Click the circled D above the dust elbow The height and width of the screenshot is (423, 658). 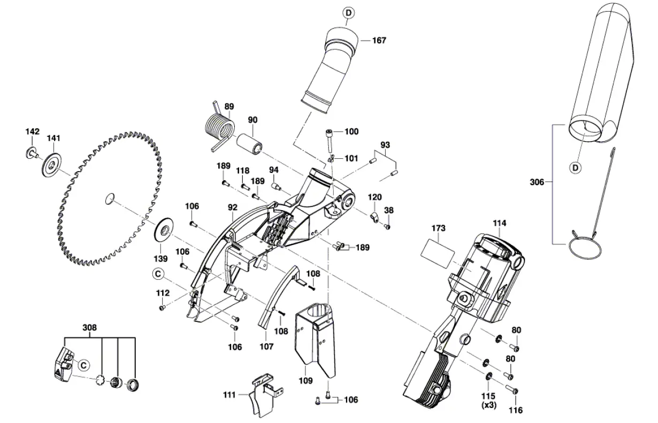click(348, 12)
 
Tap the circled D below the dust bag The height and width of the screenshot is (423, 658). click(575, 168)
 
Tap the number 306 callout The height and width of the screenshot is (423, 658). click(537, 182)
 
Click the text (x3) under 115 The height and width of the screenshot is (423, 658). click(489, 405)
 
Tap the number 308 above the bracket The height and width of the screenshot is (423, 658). click(90, 327)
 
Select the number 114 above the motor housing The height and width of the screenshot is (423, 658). click(500, 222)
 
